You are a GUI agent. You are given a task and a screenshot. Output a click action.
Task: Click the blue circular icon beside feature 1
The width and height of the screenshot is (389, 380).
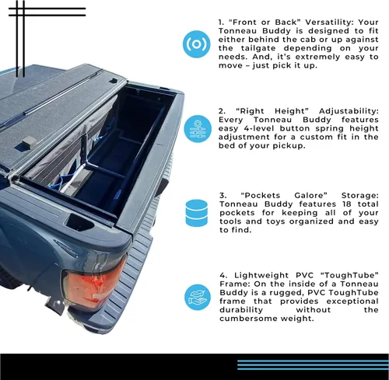(x=196, y=44)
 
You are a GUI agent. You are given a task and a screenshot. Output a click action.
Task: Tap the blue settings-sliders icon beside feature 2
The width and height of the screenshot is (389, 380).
(x=198, y=129)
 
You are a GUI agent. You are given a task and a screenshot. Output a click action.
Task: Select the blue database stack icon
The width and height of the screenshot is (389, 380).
(x=197, y=213)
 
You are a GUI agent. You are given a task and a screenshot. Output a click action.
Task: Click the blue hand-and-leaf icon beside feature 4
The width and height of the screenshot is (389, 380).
(x=198, y=297)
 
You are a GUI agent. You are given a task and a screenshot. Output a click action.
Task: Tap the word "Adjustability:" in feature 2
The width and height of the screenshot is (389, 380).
(x=349, y=111)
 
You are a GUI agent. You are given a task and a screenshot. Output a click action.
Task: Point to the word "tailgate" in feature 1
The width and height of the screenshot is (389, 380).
(x=261, y=48)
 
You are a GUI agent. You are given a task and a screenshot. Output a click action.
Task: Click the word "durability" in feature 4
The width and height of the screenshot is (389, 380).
(x=241, y=310)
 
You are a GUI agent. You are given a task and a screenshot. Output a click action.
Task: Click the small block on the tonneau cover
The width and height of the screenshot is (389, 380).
(x=29, y=141)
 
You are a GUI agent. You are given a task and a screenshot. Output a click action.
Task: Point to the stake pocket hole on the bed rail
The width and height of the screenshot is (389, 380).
(x=79, y=223)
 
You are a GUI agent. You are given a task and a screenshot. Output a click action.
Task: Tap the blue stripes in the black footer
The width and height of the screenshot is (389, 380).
(x=313, y=364)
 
